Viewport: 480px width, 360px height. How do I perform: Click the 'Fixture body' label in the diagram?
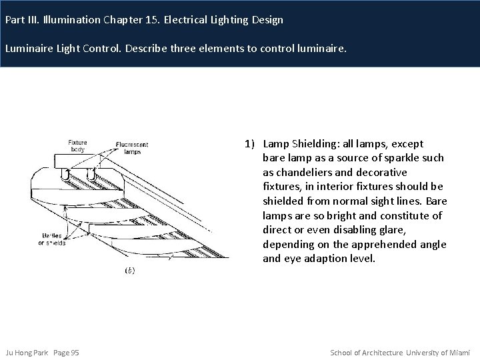point(77,146)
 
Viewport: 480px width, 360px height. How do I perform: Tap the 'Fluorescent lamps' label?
point(131,147)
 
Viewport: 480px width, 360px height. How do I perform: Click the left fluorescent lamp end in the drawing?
point(65,177)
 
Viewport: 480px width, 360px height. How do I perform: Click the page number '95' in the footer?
point(75,352)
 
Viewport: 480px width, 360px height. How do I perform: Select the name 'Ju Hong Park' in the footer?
point(25,352)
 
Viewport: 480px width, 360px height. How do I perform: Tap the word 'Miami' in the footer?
point(460,352)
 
